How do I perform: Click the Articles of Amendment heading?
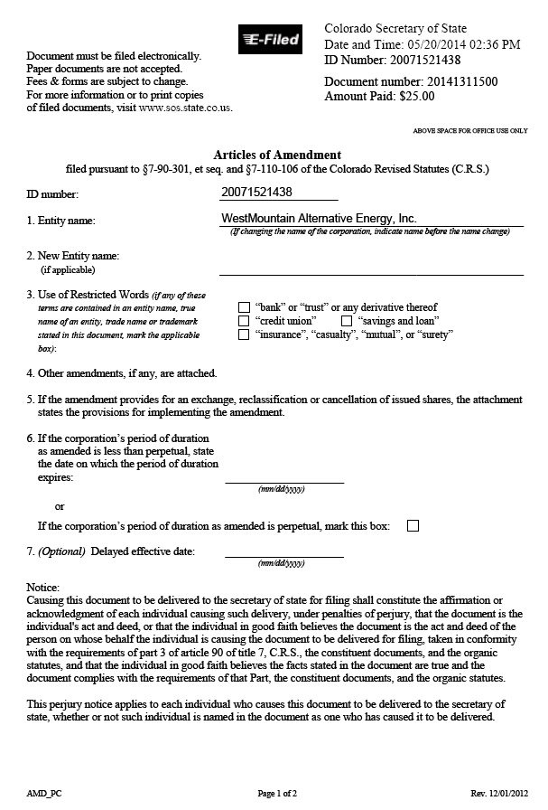[x=277, y=155]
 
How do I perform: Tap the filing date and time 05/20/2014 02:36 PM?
[x=455, y=44]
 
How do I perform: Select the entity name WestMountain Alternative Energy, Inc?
[x=319, y=219]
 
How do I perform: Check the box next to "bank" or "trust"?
[x=244, y=307]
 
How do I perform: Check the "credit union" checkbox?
[x=244, y=321]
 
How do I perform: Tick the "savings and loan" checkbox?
[x=346, y=321]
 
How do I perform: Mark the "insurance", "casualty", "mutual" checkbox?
[x=244, y=334]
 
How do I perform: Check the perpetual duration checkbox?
[x=413, y=525]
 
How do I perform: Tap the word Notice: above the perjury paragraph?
[x=43, y=587]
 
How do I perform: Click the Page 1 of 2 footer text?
[x=277, y=793]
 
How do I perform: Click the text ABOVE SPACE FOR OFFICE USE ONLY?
[x=469, y=131]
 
